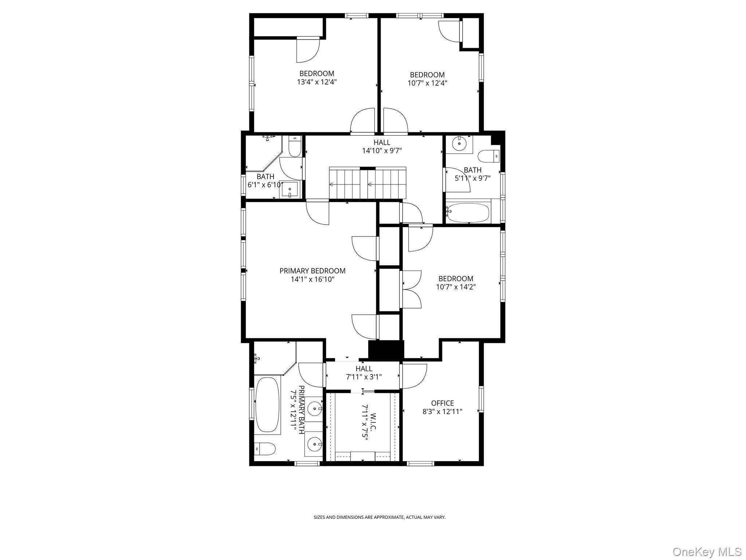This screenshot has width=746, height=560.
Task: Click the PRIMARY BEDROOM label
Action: tap(312, 271)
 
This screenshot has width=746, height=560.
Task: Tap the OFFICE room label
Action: tap(442, 403)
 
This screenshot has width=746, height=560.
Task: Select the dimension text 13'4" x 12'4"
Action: tap(317, 82)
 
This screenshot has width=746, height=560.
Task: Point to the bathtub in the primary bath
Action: tap(267, 405)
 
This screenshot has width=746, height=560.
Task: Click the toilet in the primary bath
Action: tap(264, 449)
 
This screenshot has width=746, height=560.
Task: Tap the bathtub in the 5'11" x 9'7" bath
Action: tap(468, 213)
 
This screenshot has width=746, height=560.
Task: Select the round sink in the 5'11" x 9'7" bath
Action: tap(459, 144)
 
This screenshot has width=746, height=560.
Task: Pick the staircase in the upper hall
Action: tap(367, 183)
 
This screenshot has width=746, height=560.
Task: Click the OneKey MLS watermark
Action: tap(707, 552)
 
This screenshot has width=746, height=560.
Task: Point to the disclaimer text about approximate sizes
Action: tap(380, 517)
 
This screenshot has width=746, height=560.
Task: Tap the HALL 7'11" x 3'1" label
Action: tap(364, 373)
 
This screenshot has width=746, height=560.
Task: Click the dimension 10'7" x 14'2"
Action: tap(456, 287)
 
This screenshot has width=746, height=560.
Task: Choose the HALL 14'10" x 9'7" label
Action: tap(382, 146)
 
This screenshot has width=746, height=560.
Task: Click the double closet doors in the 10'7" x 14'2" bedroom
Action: tap(411, 289)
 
